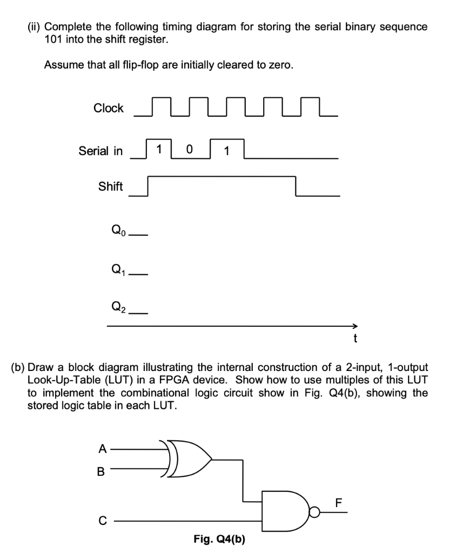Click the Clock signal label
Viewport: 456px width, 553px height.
coord(109,108)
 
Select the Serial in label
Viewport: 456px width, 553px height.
coord(101,151)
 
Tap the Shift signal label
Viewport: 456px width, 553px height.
coord(110,186)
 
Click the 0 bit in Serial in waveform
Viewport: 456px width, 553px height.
coord(189,149)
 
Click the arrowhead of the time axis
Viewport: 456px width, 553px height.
coord(354,326)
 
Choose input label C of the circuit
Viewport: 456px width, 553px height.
coord(101,522)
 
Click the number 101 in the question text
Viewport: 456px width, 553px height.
coord(53,39)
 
